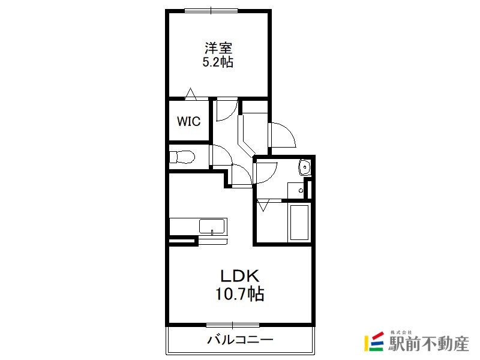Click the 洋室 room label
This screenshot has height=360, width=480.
tap(218, 48)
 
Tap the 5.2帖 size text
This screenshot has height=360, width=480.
tap(218, 62)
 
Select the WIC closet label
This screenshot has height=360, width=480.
tap(188, 121)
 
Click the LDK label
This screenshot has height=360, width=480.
tap(239, 276)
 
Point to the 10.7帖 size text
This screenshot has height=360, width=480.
tap(239, 294)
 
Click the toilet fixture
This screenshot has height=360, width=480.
tap(182, 157)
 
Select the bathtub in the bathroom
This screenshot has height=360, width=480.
tap(299, 223)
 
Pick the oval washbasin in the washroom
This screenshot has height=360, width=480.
tap(304, 167)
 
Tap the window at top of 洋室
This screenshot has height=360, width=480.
tap(211, 11)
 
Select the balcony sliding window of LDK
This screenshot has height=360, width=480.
tap(233, 325)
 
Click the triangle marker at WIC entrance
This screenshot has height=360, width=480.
tap(190, 94)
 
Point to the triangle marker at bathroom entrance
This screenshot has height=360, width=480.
tap(263, 205)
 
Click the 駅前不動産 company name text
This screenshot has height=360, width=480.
tap(428, 344)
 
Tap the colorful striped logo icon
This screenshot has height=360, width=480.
tap(374, 341)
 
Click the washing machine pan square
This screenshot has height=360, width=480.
tap(296, 191)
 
